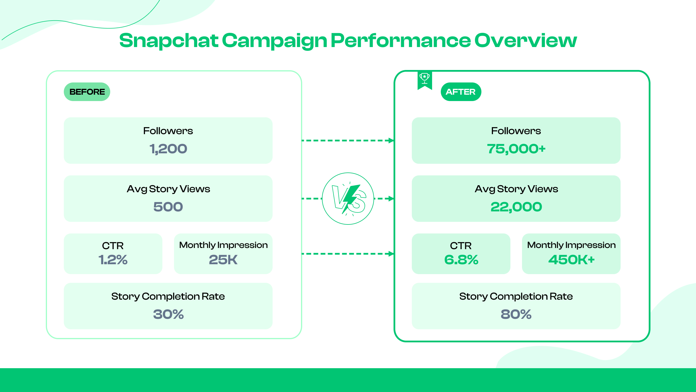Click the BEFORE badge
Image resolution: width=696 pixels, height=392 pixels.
(x=87, y=92)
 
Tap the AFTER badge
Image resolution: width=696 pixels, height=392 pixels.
(x=461, y=92)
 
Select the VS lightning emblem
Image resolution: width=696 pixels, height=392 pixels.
(x=348, y=199)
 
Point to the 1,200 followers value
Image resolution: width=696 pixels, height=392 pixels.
(x=168, y=149)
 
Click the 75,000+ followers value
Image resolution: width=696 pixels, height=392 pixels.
(x=516, y=149)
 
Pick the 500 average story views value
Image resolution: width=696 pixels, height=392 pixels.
(x=168, y=207)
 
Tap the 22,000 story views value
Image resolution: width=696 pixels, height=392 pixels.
(x=516, y=207)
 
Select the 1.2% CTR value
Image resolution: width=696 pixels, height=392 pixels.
(x=113, y=260)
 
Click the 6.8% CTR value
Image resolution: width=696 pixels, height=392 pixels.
(x=461, y=260)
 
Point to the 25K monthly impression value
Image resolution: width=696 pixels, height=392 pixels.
(x=223, y=260)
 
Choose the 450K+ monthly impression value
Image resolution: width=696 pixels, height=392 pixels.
(x=571, y=260)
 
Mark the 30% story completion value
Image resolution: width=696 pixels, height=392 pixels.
(x=168, y=314)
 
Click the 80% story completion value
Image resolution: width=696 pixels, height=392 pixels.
(x=516, y=314)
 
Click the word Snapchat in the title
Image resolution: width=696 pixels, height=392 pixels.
(x=168, y=41)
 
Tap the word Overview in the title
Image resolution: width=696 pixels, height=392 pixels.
(x=525, y=41)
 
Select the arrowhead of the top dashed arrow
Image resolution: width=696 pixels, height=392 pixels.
(x=391, y=141)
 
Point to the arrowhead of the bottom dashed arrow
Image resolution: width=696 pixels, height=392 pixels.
(x=391, y=254)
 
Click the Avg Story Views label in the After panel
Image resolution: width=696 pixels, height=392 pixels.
(x=516, y=189)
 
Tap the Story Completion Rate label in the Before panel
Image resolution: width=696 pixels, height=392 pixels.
(x=168, y=296)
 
